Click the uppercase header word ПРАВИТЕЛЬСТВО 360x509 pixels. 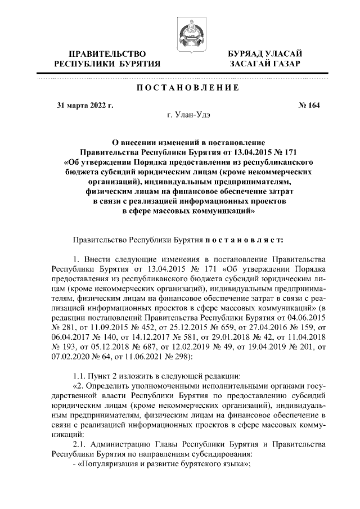coord(107,53)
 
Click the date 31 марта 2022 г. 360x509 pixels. coord(85,105)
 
